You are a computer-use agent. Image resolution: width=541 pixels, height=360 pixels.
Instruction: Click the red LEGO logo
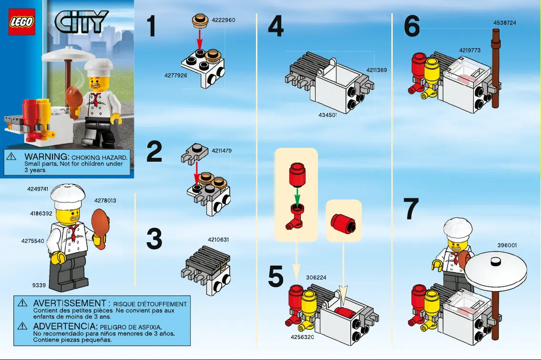(x=22, y=21)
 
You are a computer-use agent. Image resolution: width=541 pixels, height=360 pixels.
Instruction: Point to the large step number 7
(x=411, y=209)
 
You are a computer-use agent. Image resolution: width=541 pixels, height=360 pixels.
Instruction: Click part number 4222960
(x=223, y=20)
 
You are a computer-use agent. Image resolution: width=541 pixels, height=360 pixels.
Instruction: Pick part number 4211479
(x=222, y=151)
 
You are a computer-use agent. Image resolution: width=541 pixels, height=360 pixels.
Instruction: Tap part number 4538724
(x=504, y=22)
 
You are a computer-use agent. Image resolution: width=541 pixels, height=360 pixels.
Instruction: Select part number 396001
(x=507, y=245)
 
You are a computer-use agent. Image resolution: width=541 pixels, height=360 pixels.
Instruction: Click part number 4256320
(x=302, y=337)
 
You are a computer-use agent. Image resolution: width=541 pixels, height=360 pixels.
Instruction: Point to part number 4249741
(x=38, y=189)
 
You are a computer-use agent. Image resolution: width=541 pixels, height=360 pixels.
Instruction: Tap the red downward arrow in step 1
(x=200, y=37)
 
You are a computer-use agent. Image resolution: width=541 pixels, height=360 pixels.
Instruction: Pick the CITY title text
(x=82, y=21)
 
